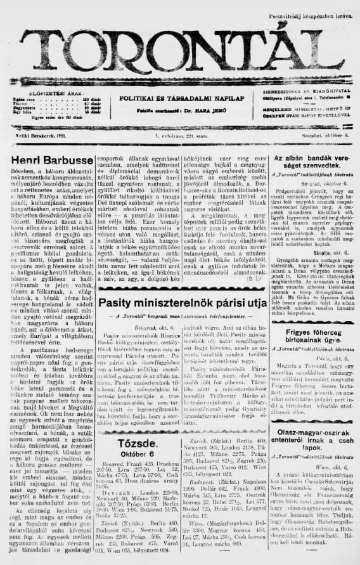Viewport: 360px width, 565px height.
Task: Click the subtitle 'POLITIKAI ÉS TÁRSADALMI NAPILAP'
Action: coord(183,99)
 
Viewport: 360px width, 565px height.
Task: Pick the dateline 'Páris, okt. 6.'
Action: coord(310,375)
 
